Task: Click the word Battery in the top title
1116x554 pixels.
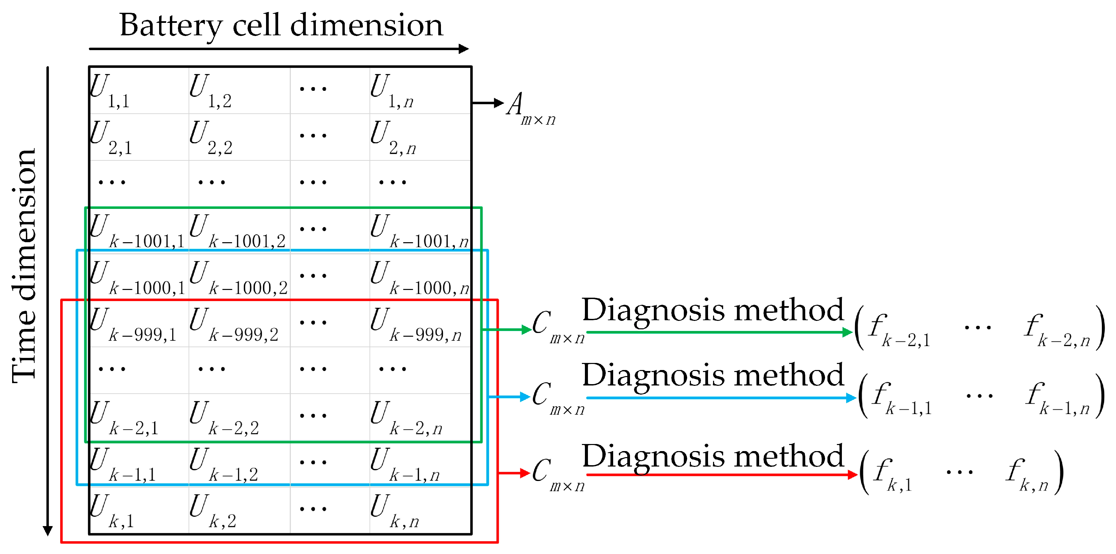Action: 171,26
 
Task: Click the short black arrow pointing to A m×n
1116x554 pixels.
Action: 487,103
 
